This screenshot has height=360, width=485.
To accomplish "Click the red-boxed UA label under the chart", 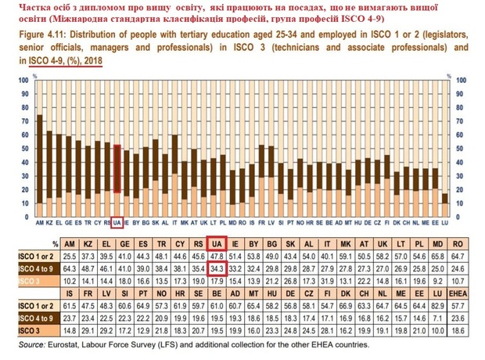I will click(116, 222).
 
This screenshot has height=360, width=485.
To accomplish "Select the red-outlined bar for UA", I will click(116, 167).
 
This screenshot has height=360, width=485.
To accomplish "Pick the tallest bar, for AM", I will click(40, 160).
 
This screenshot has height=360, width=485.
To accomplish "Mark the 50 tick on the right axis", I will click(460, 142).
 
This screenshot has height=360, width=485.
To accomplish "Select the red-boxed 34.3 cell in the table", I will click(217, 268).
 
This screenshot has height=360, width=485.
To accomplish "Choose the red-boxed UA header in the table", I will click(217, 243).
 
